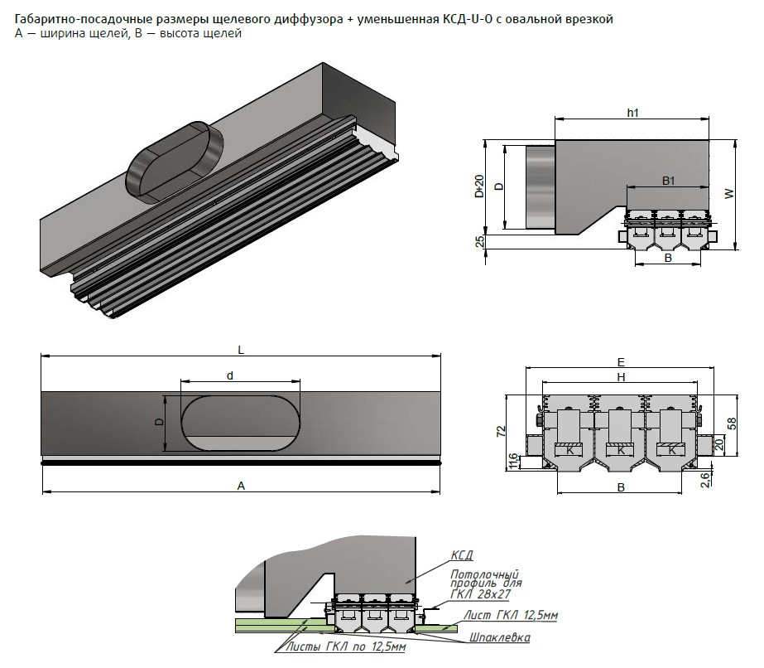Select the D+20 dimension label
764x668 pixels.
click(x=479, y=187)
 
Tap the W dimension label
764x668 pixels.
click(x=728, y=194)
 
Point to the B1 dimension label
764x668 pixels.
click(x=669, y=180)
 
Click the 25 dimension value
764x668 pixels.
click(x=480, y=242)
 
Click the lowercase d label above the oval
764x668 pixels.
click(x=230, y=375)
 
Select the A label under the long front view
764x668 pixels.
click(x=241, y=486)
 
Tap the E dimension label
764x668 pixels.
click(x=621, y=362)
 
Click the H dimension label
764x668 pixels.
click(x=621, y=376)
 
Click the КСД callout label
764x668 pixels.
click(x=462, y=555)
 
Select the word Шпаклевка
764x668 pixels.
click(x=499, y=638)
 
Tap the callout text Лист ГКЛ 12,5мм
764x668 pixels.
click(x=511, y=615)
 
